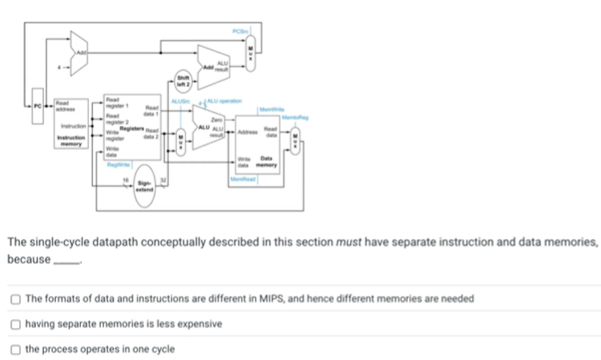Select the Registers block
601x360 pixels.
pos(131,129)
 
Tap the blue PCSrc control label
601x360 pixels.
pos(242,30)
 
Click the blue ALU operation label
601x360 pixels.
pos(222,101)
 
